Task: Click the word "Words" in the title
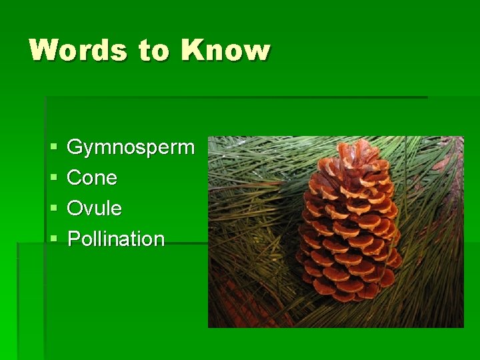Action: click(x=78, y=51)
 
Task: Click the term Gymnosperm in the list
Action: click(x=131, y=147)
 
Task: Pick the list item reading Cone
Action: click(x=92, y=178)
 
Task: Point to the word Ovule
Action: click(x=94, y=209)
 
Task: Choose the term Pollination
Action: click(x=116, y=239)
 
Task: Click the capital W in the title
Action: click(x=45, y=51)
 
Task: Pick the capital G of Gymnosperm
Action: click(x=75, y=147)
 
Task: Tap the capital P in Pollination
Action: click(x=73, y=239)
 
